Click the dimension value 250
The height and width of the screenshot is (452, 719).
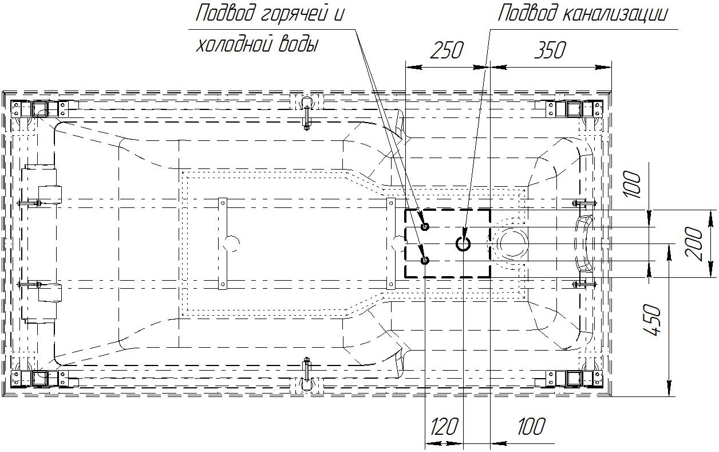(447, 50)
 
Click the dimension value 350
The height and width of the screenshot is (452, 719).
(550, 50)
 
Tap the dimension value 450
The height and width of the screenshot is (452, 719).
(652, 320)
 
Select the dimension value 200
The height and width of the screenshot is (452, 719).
(694, 243)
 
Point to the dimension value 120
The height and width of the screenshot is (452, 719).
(444, 426)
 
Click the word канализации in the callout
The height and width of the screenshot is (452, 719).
(615, 14)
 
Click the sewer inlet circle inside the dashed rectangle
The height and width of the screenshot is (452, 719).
(463, 244)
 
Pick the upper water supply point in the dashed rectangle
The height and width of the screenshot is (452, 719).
(425, 227)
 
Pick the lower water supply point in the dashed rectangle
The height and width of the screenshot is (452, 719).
(425, 260)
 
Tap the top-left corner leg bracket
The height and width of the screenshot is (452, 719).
(40, 109)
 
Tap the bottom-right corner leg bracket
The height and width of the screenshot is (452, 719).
(575, 379)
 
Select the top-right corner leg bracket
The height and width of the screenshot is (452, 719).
(575, 109)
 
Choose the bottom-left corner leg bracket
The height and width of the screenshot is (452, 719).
(40, 379)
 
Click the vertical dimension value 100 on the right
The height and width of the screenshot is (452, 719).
(633, 184)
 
